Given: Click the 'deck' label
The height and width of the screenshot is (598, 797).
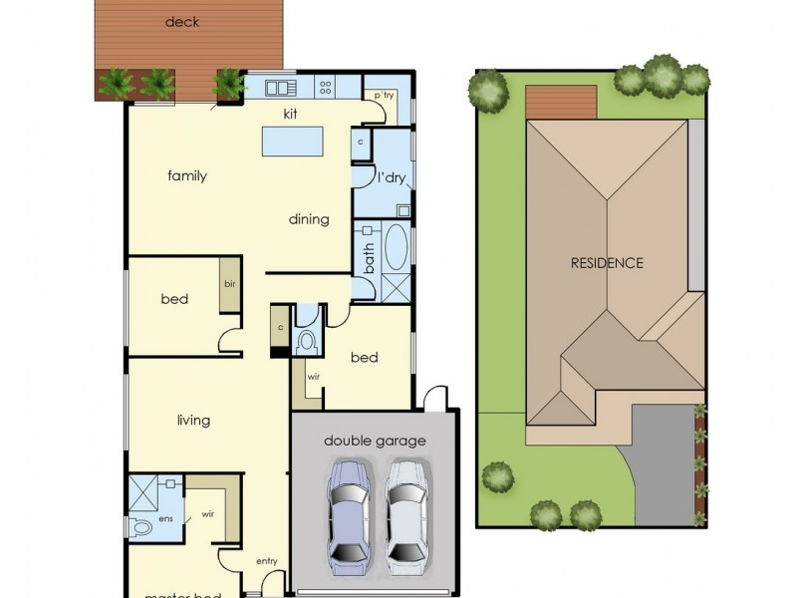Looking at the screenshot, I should (x=181, y=21).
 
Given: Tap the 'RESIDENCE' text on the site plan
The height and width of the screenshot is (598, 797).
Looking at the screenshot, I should (x=607, y=263).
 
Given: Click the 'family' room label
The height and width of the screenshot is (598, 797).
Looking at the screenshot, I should (x=187, y=176).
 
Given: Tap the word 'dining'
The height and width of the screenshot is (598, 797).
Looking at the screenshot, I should (x=309, y=219).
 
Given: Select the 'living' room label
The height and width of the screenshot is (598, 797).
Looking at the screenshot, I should (x=193, y=420).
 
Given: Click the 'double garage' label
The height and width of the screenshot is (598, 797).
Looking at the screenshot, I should (x=375, y=441).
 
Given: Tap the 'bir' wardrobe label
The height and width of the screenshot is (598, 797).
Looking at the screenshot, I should (x=230, y=284).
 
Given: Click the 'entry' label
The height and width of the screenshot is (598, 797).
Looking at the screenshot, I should (x=266, y=561).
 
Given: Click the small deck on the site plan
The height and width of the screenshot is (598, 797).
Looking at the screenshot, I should (x=561, y=102).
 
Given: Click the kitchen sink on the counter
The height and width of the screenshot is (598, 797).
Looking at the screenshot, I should (x=276, y=88).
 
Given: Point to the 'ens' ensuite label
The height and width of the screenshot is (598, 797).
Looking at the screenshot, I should (x=166, y=518).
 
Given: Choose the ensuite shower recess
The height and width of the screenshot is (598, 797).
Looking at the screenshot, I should (x=142, y=491).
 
